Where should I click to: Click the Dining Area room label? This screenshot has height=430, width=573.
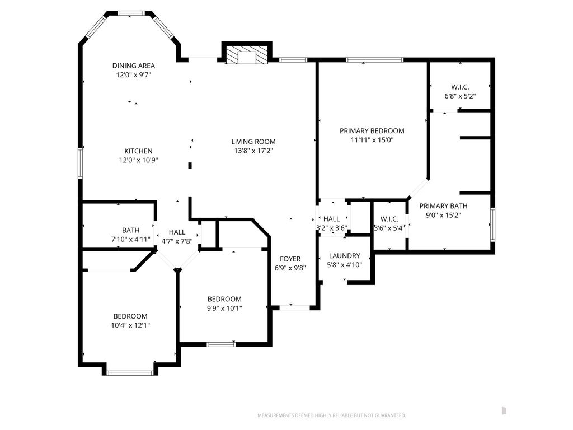point(133,66)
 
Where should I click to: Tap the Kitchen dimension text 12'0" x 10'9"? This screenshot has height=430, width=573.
point(139,160)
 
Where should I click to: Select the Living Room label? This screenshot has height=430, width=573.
point(253,142)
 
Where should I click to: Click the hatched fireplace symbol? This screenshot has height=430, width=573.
point(246,55)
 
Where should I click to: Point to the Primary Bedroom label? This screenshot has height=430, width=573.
point(372,131)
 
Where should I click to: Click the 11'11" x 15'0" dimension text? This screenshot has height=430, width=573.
point(372,140)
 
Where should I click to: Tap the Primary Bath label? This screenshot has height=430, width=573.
point(443,206)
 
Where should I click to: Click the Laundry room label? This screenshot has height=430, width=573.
point(345,256)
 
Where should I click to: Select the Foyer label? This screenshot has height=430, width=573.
point(290,259)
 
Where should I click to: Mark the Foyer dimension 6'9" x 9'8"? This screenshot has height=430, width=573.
point(290,268)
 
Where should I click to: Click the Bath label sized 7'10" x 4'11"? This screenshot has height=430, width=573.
point(131,230)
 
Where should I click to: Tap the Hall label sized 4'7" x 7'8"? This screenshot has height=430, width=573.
point(177,232)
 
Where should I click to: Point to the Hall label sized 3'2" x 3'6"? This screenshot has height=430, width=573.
point(332,219)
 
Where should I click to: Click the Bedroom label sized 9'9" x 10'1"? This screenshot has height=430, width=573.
point(224,299)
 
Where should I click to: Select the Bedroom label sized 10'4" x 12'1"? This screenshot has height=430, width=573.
point(130,316)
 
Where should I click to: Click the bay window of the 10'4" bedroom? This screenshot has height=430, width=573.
point(130,373)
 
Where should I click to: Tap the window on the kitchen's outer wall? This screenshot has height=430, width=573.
point(81,163)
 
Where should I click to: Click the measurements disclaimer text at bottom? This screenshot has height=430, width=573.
point(332,415)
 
